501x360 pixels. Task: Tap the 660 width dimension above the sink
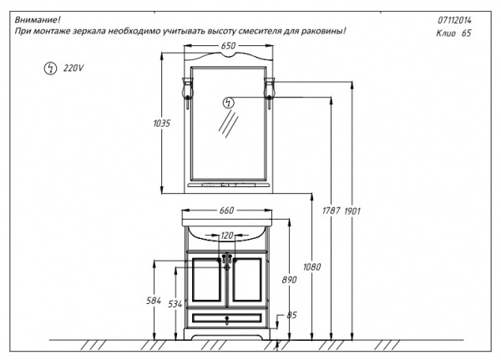point(225,210)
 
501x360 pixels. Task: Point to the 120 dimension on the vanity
point(226,237)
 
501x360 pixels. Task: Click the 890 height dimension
point(288,280)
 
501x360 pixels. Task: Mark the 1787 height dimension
point(331,210)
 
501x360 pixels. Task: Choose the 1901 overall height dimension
point(352,210)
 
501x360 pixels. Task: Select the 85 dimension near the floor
point(292,316)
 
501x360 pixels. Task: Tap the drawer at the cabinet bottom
point(226,318)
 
